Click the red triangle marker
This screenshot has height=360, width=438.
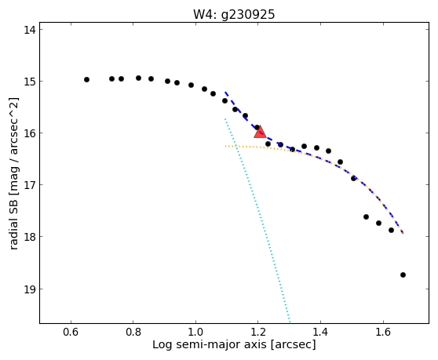point(260,132)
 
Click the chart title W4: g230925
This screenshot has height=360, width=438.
point(234,14)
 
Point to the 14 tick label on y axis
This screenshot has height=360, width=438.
point(30,30)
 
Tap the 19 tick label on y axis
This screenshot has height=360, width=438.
point(30,289)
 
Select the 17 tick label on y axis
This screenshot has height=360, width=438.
point(30,185)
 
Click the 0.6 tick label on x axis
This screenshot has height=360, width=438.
point(71,332)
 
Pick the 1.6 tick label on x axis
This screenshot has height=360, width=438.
point(383,332)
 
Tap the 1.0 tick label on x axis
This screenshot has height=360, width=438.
point(195,332)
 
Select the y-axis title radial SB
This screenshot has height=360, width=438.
point(13,224)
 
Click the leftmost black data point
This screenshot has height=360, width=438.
point(86,79)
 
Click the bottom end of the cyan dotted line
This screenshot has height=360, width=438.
point(290,322)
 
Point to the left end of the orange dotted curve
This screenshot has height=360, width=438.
point(225,146)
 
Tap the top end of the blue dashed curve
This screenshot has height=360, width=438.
point(225,92)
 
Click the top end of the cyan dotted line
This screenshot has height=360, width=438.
point(224,119)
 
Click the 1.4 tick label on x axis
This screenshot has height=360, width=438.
point(320,332)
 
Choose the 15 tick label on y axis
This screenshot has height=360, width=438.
point(30,82)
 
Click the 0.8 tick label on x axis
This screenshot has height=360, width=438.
point(133,332)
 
